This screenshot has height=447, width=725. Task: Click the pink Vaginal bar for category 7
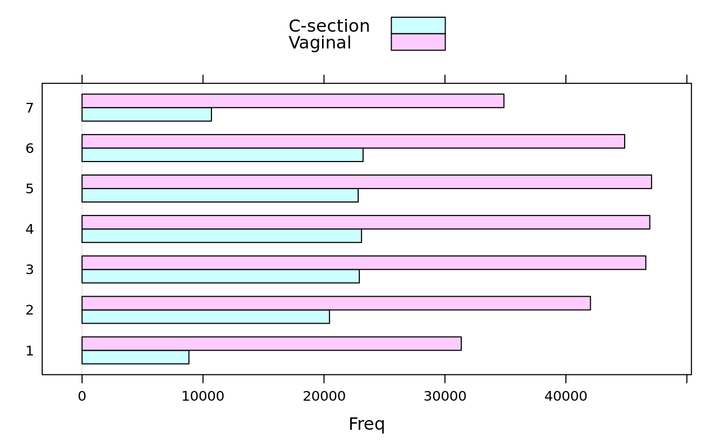click(x=293, y=101)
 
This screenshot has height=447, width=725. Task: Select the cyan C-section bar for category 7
click(x=147, y=115)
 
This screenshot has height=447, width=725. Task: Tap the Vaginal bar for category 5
click(x=367, y=182)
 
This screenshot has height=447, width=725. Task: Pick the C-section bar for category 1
click(x=135, y=357)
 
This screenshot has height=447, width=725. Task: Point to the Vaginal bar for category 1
click(x=271, y=344)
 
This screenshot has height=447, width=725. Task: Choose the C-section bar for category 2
click(x=206, y=317)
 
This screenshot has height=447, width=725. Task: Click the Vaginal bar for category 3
click(x=364, y=263)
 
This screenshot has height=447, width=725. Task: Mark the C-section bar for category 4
click(x=222, y=236)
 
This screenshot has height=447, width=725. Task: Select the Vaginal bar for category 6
click(x=353, y=142)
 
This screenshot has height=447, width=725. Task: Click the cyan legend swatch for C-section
click(x=418, y=25)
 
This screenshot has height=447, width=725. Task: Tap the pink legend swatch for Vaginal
click(x=418, y=42)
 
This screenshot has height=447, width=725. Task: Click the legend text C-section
click(x=329, y=26)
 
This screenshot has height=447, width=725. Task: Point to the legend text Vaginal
click(x=320, y=43)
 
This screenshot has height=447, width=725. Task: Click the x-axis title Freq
click(x=367, y=424)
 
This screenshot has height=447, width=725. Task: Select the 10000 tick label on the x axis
click(x=203, y=396)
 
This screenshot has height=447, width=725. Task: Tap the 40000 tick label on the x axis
click(x=566, y=396)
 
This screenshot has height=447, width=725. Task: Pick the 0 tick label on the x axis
click(x=82, y=396)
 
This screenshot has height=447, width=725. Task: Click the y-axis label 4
click(x=30, y=229)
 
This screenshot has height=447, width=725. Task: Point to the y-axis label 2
click(x=30, y=310)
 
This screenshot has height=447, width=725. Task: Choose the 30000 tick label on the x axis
click(x=444, y=396)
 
